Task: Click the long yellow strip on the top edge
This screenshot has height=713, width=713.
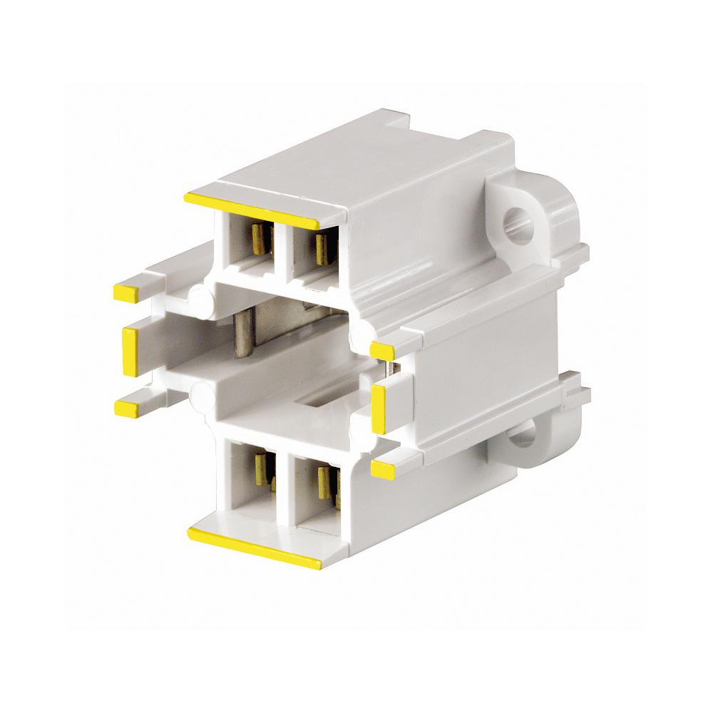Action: pyautogui.click(x=251, y=210)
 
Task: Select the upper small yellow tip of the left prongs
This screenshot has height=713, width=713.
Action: pyautogui.click(x=126, y=292)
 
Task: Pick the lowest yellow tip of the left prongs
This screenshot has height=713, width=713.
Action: pyautogui.click(x=126, y=408)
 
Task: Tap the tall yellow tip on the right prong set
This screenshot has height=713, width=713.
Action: pyautogui.click(x=379, y=410)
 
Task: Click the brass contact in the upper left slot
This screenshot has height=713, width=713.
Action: pyautogui.click(x=262, y=240)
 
